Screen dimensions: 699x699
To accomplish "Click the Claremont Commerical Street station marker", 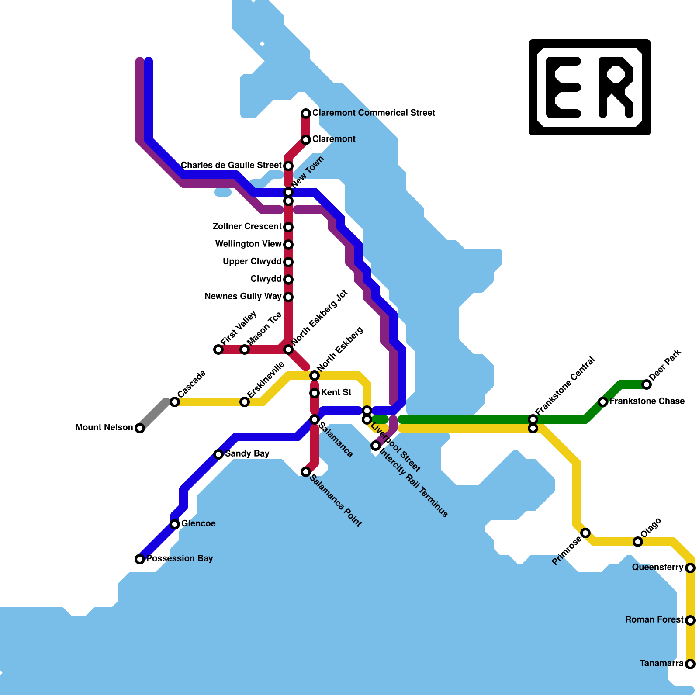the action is pyautogui.click(x=306, y=114).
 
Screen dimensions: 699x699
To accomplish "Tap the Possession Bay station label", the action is pyautogui.click(x=180, y=558).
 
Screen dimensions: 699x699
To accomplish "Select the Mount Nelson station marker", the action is pyautogui.click(x=140, y=428).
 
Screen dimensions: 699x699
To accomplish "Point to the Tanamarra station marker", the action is pyautogui.click(x=690, y=664).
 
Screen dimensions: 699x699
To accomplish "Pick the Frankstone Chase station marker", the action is pyautogui.click(x=603, y=402).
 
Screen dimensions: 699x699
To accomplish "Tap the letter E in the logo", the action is pyautogui.click(x=563, y=87).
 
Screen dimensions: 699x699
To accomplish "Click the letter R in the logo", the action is pyautogui.click(x=616, y=87).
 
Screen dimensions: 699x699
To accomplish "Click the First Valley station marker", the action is pyautogui.click(x=218, y=349).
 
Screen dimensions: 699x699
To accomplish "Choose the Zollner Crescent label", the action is pyautogui.click(x=247, y=226).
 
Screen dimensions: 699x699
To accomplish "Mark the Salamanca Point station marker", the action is pyautogui.click(x=306, y=472).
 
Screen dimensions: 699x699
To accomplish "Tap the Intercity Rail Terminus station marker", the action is pyautogui.click(x=376, y=446).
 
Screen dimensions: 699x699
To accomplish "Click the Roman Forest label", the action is pyautogui.click(x=654, y=619).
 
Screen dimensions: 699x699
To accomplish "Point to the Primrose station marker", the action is pyautogui.click(x=586, y=533).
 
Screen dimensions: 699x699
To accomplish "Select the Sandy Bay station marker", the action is pyautogui.click(x=218, y=454).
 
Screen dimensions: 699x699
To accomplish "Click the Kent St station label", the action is pyautogui.click(x=336, y=392).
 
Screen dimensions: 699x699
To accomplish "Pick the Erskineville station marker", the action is pyautogui.click(x=245, y=402).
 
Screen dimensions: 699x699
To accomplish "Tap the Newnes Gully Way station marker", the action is pyautogui.click(x=288, y=297).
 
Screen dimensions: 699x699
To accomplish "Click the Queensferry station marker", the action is pyautogui.click(x=690, y=568).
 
